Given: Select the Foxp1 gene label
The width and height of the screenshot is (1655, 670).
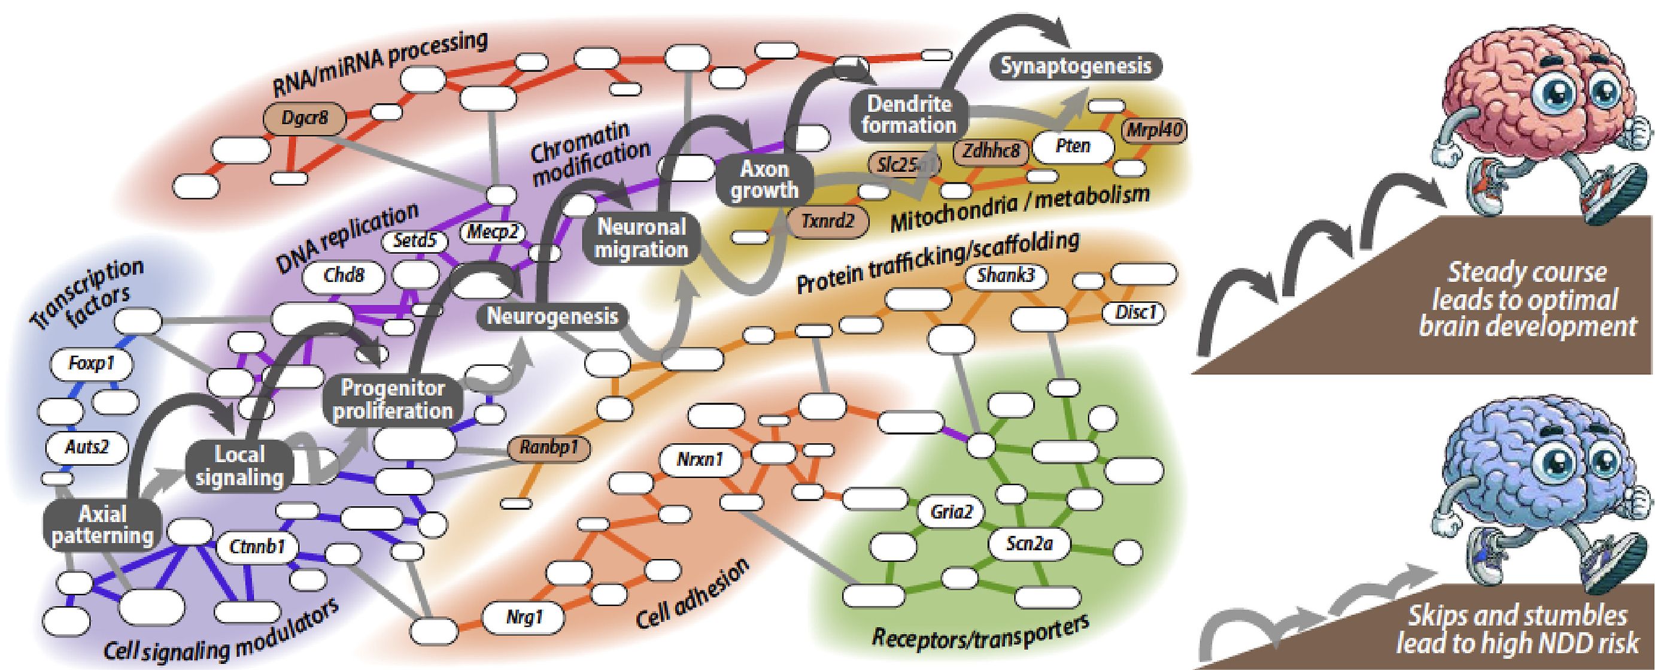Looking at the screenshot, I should click(91, 364).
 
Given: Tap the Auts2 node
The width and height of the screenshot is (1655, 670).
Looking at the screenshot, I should click(87, 447).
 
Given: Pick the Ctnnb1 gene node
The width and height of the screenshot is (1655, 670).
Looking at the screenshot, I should click(256, 548).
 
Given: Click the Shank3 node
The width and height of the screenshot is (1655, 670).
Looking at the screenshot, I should click(1006, 276).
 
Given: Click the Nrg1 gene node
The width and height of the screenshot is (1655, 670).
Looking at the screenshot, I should click(524, 618).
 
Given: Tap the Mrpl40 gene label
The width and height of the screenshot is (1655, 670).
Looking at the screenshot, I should click(1154, 131).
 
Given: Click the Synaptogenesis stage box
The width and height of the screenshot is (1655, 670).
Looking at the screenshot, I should click(1076, 67).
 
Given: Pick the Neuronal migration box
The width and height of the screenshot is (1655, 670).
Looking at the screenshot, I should click(641, 238).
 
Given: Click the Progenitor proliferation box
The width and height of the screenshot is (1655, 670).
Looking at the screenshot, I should click(393, 399).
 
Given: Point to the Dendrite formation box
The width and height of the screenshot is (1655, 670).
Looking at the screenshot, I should click(909, 114).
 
